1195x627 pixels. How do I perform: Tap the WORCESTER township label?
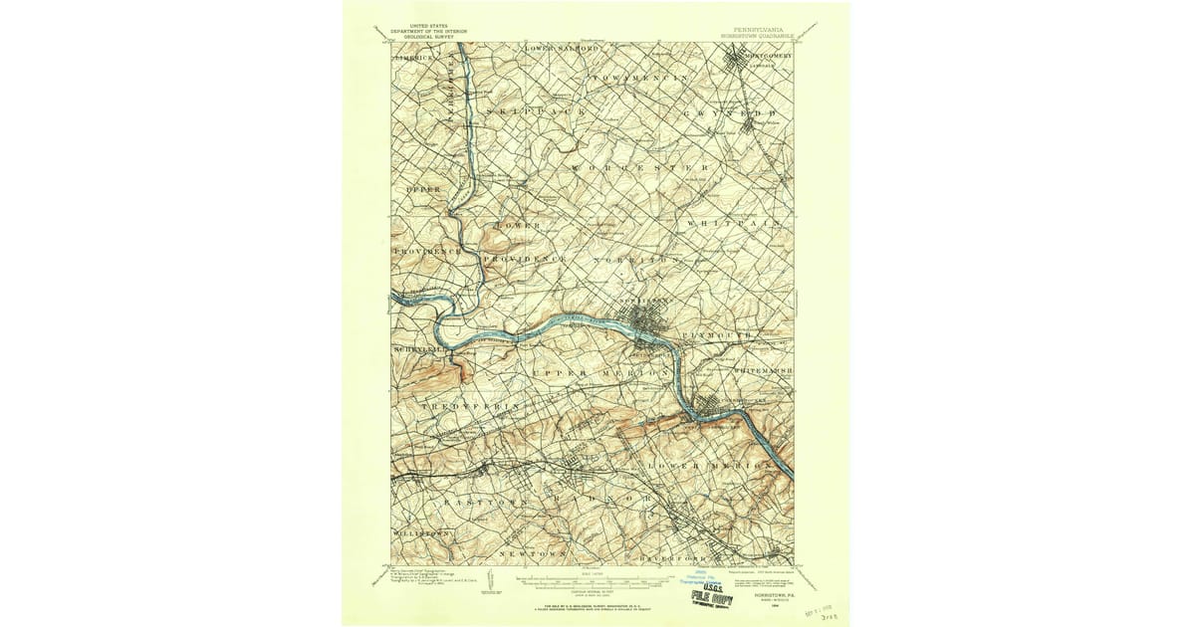coord(638,168)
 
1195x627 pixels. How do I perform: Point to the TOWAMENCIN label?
coord(640,77)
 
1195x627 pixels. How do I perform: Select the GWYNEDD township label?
coord(730,113)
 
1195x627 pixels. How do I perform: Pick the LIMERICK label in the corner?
coord(410,58)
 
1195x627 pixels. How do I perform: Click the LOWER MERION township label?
coord(710,466)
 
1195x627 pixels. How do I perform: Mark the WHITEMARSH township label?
coord(762,370)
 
